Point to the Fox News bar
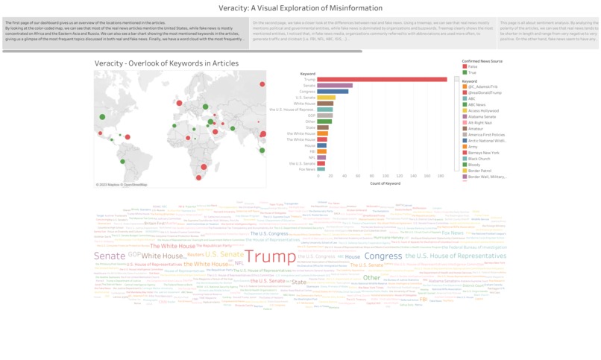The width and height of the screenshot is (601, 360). tap(321, 169)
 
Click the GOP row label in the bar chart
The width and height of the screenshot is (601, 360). tap(311, 116)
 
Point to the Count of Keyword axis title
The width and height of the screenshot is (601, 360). tap(385, 183)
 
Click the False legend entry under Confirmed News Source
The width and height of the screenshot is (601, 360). tap(473, 66)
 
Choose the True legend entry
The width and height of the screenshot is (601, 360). tap(472, 72)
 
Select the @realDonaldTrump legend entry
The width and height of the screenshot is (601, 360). tap(485, 92)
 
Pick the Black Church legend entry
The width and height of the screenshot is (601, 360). tap(479, 159)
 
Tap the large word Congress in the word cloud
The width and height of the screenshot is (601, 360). tap(383, 256)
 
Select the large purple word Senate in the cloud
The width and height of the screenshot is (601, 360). tap(110, 256)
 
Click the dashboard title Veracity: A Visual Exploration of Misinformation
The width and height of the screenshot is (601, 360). tap(300, 8)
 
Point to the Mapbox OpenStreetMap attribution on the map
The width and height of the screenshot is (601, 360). tap(122, 185)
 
